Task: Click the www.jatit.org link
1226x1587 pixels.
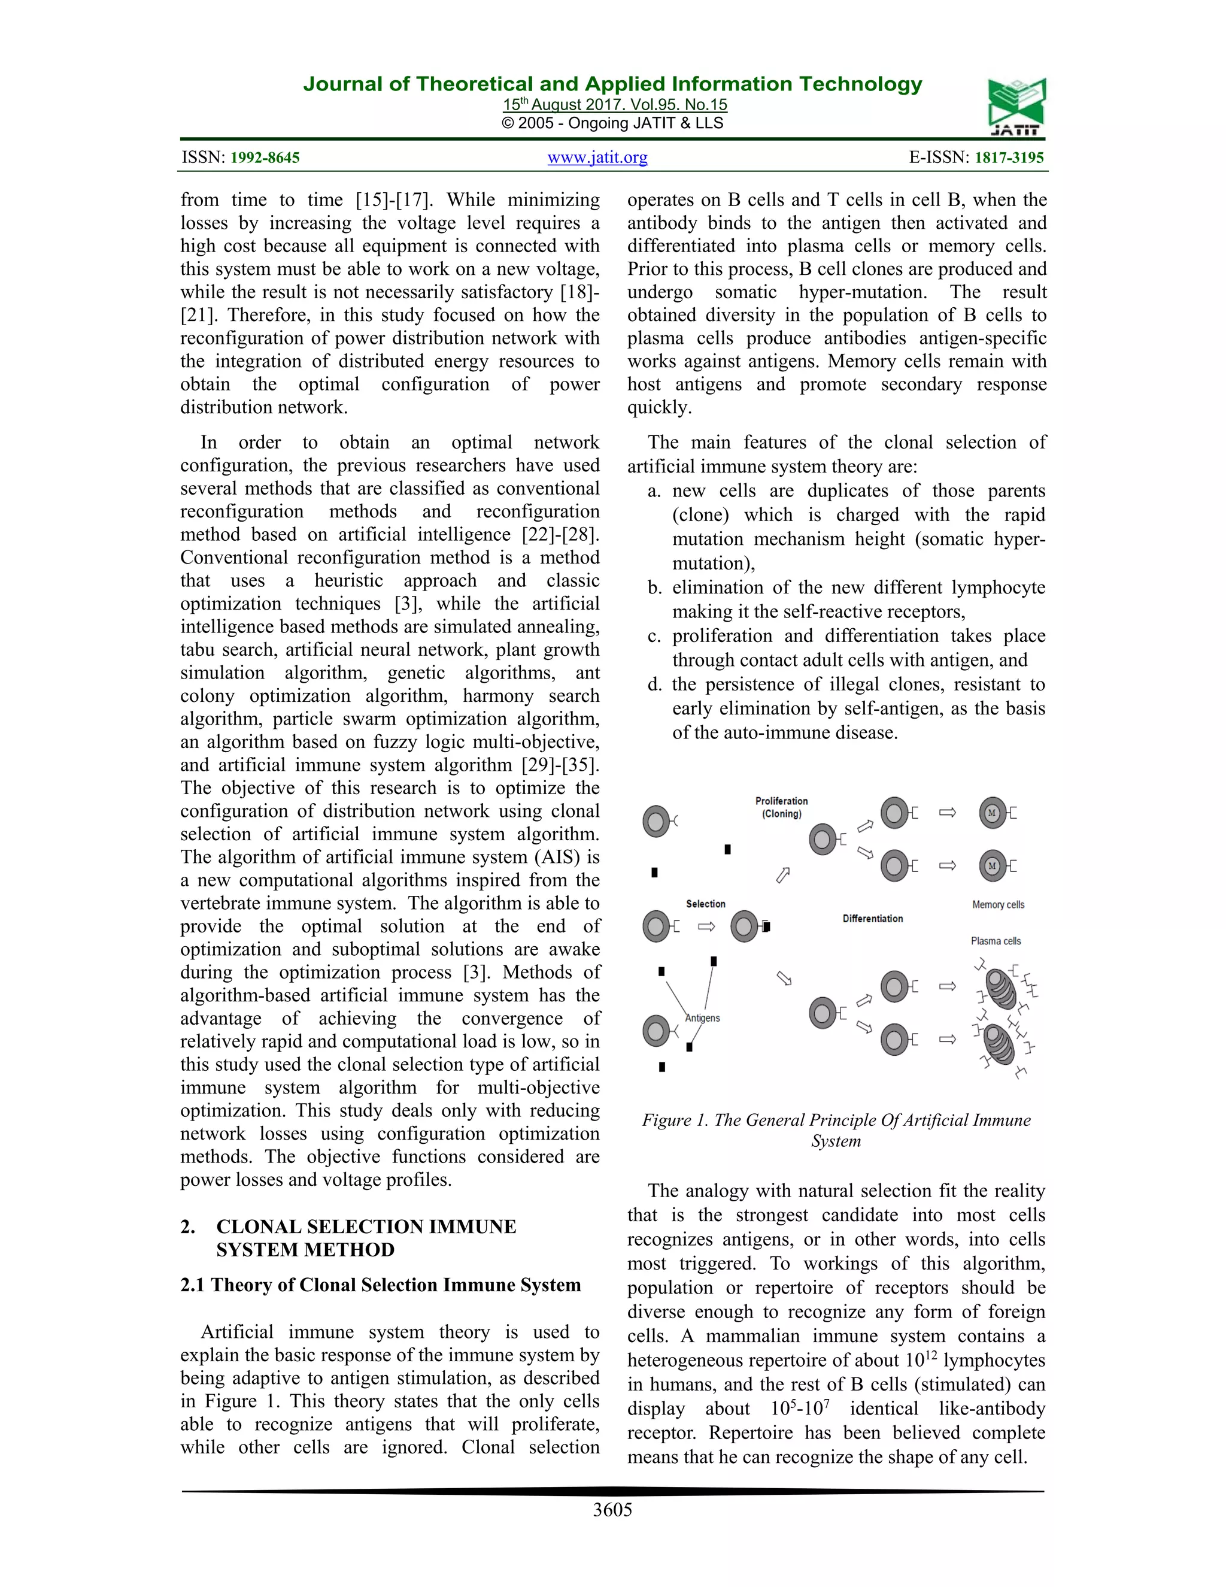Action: coord(597,157)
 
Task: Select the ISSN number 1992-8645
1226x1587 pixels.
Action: coord(265,158)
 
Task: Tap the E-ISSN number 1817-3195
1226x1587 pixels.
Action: coord(1008,158)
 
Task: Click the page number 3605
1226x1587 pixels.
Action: coord(612,1509)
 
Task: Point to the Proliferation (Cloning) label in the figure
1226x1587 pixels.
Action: coord(781,807)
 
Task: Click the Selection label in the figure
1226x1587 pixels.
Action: coord(705,904)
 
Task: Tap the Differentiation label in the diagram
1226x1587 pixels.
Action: coord(872,919)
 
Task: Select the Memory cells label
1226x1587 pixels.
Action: coord(998,905)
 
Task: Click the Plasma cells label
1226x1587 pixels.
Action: coord(995,941)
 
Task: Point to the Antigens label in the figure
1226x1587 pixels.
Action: coord(702,1018)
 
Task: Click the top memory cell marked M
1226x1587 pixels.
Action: coord(992,813)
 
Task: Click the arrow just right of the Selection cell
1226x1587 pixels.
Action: coord(706,926)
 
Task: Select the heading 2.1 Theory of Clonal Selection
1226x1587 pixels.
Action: coord(381,1285)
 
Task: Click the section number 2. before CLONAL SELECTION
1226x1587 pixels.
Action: coord(187,1226)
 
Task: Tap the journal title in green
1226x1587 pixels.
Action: coord(612,84)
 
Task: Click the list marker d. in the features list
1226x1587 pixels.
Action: coord(654,685)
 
